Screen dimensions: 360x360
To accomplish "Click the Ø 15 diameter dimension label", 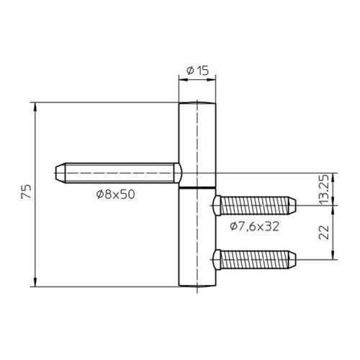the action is pos(197,71).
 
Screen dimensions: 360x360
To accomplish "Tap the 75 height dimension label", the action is pos(27,192).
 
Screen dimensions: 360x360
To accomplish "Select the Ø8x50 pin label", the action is pos(116,194).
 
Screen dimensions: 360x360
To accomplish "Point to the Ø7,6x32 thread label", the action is pos(255,226).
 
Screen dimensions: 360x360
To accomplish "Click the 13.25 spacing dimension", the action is pos(324,189).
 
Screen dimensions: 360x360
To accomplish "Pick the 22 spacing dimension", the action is pos(324,233).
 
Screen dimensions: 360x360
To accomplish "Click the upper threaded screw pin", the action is pos(254,205).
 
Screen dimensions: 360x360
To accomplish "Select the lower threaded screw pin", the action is pos(254,260).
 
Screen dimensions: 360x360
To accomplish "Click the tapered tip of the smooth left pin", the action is pos(60,173).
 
